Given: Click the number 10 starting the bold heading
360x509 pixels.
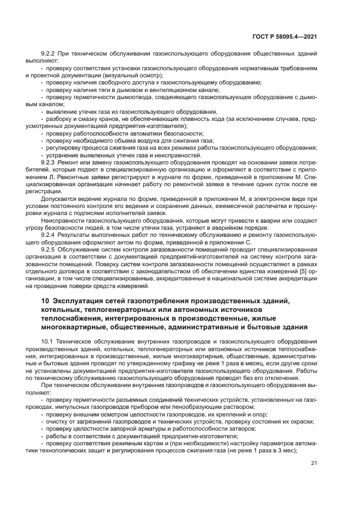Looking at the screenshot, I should point(46,302).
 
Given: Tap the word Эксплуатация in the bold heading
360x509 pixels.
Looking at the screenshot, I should point(80,302).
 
